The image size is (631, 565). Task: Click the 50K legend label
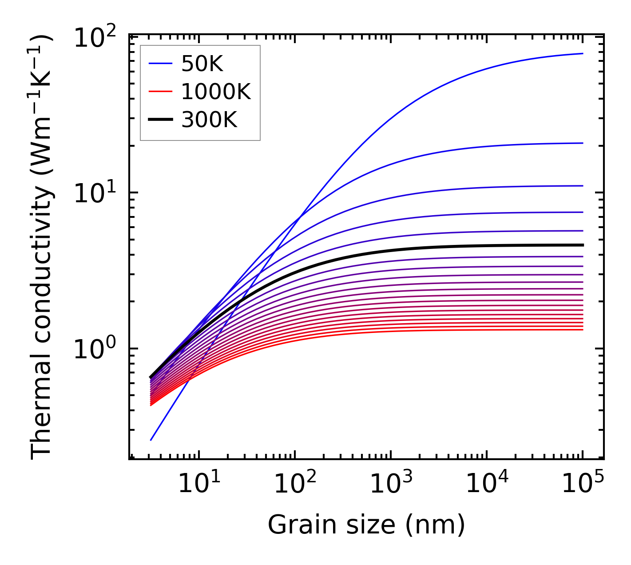click(x=202, y=65)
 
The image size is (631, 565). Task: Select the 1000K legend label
click(x=216, y=92)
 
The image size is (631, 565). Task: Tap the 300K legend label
click(x=209, y=120)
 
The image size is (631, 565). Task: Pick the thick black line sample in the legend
click(x=160, y=119)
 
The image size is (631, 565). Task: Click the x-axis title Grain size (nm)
click(x=366, y=525)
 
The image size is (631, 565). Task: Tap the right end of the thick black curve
click(x=582, y=245)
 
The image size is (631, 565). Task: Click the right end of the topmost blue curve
click(x=582, y=53)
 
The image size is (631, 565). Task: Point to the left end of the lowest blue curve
click(x=151, y=440)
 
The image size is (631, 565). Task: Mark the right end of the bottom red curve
click(x=582, y=329)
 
